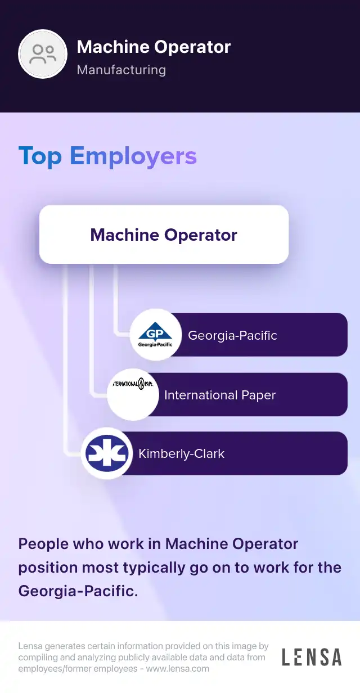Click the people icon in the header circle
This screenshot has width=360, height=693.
tap(43, 54)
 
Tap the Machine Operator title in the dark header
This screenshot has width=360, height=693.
tap(154, 47)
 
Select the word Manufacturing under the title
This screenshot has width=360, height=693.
tap(121, 70)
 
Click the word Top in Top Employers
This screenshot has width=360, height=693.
tap(40, 156)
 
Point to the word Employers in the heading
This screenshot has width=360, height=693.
tap(133, 156)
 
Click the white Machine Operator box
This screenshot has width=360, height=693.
tap(164, 235)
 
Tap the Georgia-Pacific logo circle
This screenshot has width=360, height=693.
tap(155, 335)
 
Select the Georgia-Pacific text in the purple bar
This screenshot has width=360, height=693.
tap(232, 335)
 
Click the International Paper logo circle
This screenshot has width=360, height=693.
tap(133, 395)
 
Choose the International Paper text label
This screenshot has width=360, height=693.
tap(219, 395)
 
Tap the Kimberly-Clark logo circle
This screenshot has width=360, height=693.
tap(107, 454)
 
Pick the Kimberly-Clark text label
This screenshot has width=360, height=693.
tap(181, 454)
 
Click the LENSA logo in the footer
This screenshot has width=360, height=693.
tap(311, 657)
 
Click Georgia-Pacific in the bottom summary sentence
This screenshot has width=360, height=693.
tap(78, 591)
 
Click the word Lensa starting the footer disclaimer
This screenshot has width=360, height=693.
tap(30, 646)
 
